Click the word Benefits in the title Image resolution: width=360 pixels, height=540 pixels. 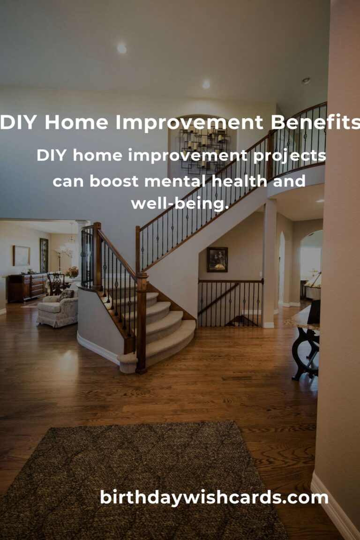pyautogui.click(x=315, y=122)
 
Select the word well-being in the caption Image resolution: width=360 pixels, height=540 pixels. pyautogui.click(x=180, y=203)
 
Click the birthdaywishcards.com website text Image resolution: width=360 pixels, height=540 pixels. pyautogui.click(x=214, y=498)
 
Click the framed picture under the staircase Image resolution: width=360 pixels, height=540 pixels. pyautogui.click(x=217, y=259)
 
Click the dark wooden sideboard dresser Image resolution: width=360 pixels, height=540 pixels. pyautogui.click(x=27, y=287)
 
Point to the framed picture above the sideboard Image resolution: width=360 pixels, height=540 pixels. pyautogui.click(x=22, y=255)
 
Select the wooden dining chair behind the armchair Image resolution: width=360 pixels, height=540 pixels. pyautogui.click(x=56, y=284)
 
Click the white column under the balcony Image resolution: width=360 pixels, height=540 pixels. pyautogui.click(x=270, y=263)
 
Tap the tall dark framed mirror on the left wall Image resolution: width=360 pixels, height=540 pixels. pyautogui.click(x=44, y=255)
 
